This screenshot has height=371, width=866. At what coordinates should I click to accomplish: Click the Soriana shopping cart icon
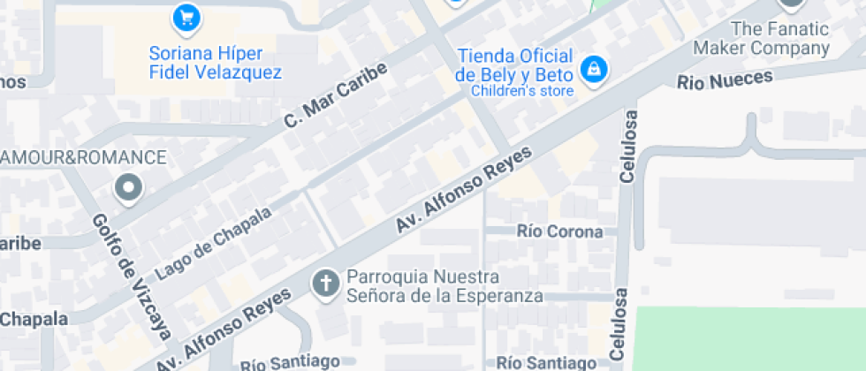(186, 17)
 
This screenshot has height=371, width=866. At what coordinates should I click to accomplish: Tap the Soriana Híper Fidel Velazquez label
(215, 63)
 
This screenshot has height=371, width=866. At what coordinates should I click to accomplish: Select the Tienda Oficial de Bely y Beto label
(515, 64)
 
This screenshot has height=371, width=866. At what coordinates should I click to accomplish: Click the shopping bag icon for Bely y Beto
(593, 67)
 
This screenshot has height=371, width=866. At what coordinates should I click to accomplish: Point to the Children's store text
(522, 89)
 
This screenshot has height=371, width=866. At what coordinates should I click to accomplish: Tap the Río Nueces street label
(725, 79)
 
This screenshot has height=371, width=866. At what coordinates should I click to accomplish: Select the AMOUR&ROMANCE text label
(84, 158)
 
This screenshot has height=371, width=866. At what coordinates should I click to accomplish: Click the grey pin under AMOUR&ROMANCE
(129, 187)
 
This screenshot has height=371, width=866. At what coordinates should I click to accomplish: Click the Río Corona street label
(560, 232)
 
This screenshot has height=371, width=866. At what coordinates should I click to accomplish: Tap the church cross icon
(326, 284)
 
